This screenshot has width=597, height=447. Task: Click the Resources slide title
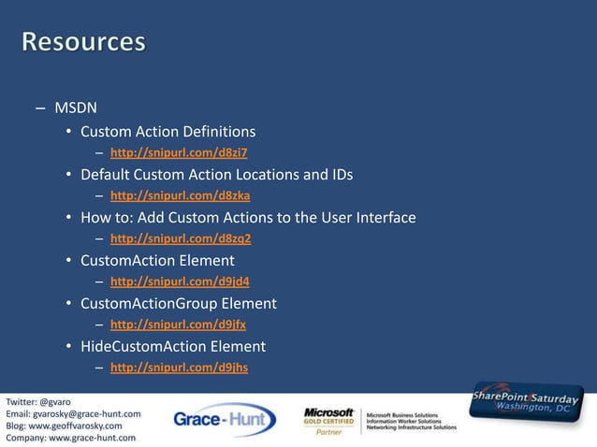84,42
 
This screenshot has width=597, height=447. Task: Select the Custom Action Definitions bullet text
167,131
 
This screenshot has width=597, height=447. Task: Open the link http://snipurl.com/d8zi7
179,152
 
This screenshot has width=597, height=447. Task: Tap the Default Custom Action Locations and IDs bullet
216,174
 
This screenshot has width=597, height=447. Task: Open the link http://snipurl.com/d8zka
180,195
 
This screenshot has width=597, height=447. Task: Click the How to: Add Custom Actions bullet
248,217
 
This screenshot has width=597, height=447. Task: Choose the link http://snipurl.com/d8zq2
181,238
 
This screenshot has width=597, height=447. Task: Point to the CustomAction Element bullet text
157,260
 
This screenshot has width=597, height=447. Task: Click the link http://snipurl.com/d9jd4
180,281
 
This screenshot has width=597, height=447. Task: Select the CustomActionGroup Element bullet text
178,303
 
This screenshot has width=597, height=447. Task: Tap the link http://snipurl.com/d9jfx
178,324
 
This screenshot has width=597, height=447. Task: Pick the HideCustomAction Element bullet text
173,346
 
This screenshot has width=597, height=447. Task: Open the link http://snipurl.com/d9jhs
179,368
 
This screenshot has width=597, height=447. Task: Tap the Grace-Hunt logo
225,420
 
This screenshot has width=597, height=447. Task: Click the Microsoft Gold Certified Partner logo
329,421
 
